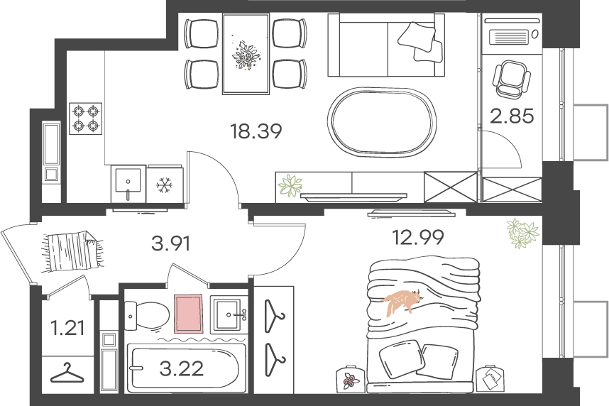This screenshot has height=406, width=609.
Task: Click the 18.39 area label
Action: tap(256, 131)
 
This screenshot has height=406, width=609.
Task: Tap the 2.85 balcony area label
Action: tap(512, 116)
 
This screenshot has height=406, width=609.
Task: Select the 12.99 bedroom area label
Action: tap(418, 237)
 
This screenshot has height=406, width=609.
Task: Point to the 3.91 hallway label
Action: tap(171, 244)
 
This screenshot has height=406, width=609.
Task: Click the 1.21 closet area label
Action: tap(67, 327)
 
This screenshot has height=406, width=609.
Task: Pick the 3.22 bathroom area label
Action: tap(182, 368)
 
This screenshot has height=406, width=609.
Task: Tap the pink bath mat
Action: tap(189, 314)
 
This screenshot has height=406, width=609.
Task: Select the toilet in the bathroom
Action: tap(148, 315)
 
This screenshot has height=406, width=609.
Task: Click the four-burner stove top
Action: tap(86, 119)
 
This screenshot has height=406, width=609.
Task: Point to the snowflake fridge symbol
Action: tap(164, 185)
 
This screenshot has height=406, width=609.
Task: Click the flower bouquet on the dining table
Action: tap(245, 55)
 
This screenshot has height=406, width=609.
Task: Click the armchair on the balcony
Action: tap(511, 79)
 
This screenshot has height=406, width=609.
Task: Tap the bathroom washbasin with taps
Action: tap(229, 314)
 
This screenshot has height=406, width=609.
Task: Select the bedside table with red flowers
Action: tap(351, 378)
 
